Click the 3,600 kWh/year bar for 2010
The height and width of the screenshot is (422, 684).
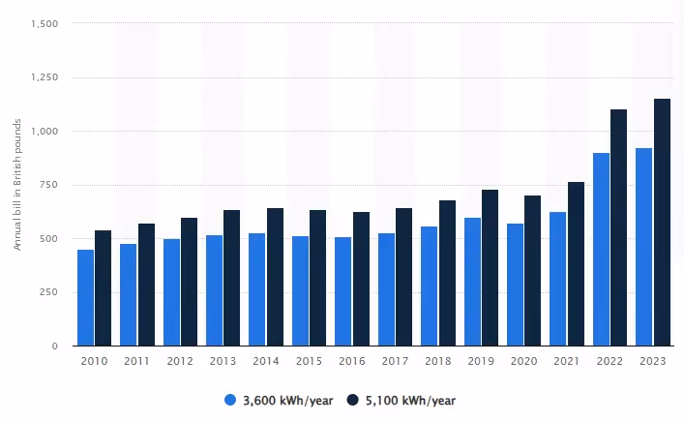point(86,297)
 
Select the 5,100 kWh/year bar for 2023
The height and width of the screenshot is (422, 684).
point(662,222)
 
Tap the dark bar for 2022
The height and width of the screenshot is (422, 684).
point(618,227)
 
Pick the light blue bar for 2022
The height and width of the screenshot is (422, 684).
point(601,249)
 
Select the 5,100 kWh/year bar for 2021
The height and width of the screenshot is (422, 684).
point(576,263)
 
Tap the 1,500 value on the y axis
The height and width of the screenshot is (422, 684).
point(45,23)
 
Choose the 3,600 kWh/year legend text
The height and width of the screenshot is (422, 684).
point(286,400)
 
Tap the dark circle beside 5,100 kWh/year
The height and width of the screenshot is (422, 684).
point(354,400)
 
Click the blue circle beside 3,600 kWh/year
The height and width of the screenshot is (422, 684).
point(229,400)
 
